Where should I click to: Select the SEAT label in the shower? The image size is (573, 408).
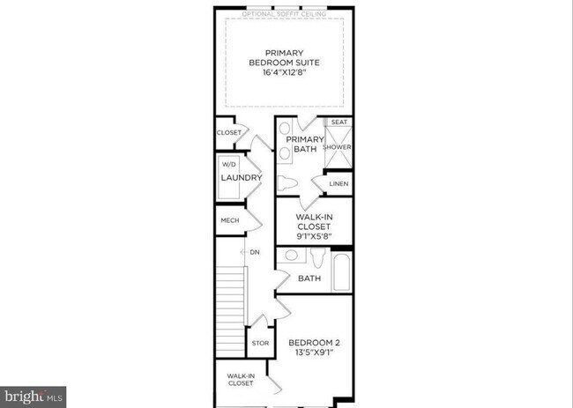[x=339, y=122]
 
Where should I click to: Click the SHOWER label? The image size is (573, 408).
[x=339, y=147]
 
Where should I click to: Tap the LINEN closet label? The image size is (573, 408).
[x=339, y=184]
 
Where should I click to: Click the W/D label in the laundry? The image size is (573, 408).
[x=229, y=164]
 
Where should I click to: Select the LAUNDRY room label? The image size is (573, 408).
[x=241, y=178]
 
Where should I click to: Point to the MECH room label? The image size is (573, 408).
[x=230, y=220]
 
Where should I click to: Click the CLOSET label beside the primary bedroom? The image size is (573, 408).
[x=228, y=133]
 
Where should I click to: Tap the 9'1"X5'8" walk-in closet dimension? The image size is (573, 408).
[x=313, y=235]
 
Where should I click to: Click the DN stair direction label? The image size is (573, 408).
[x=255, y=253]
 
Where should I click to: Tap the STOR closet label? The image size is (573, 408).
[x=260, y=344]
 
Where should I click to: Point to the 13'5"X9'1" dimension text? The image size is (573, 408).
[x=313, y=353]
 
